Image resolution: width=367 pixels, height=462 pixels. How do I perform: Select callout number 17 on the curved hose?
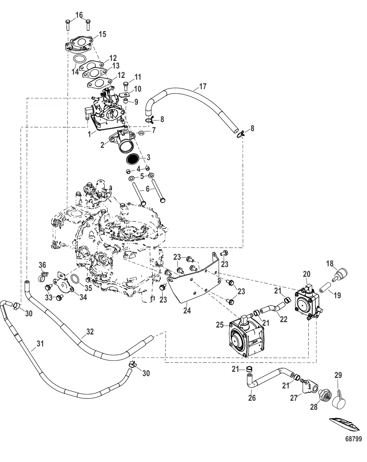click(203, 87)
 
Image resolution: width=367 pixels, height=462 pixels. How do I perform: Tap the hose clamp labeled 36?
click(43, 278)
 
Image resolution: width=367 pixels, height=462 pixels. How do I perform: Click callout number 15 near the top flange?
click(102, 34)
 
